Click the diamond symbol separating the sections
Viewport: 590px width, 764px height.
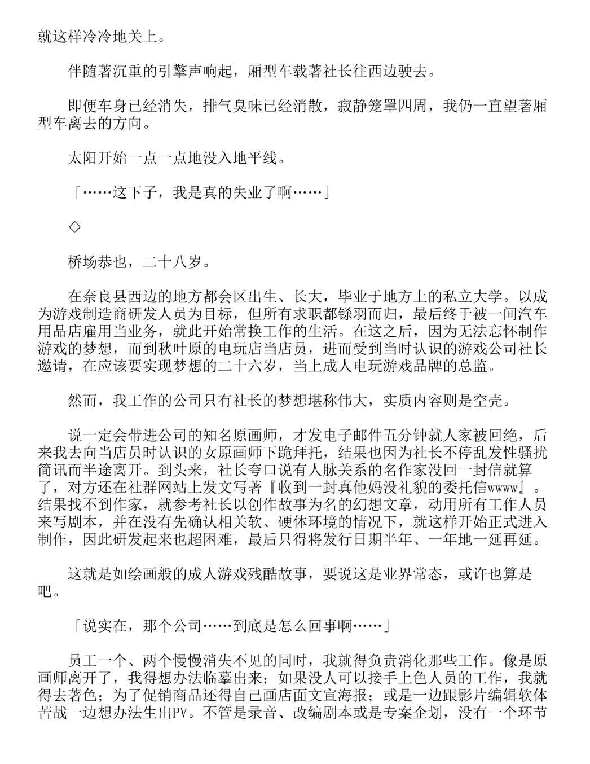coord(74,227)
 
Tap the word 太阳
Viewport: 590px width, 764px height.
coord(82,158)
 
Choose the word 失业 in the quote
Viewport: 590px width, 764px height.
coord(248,193)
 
